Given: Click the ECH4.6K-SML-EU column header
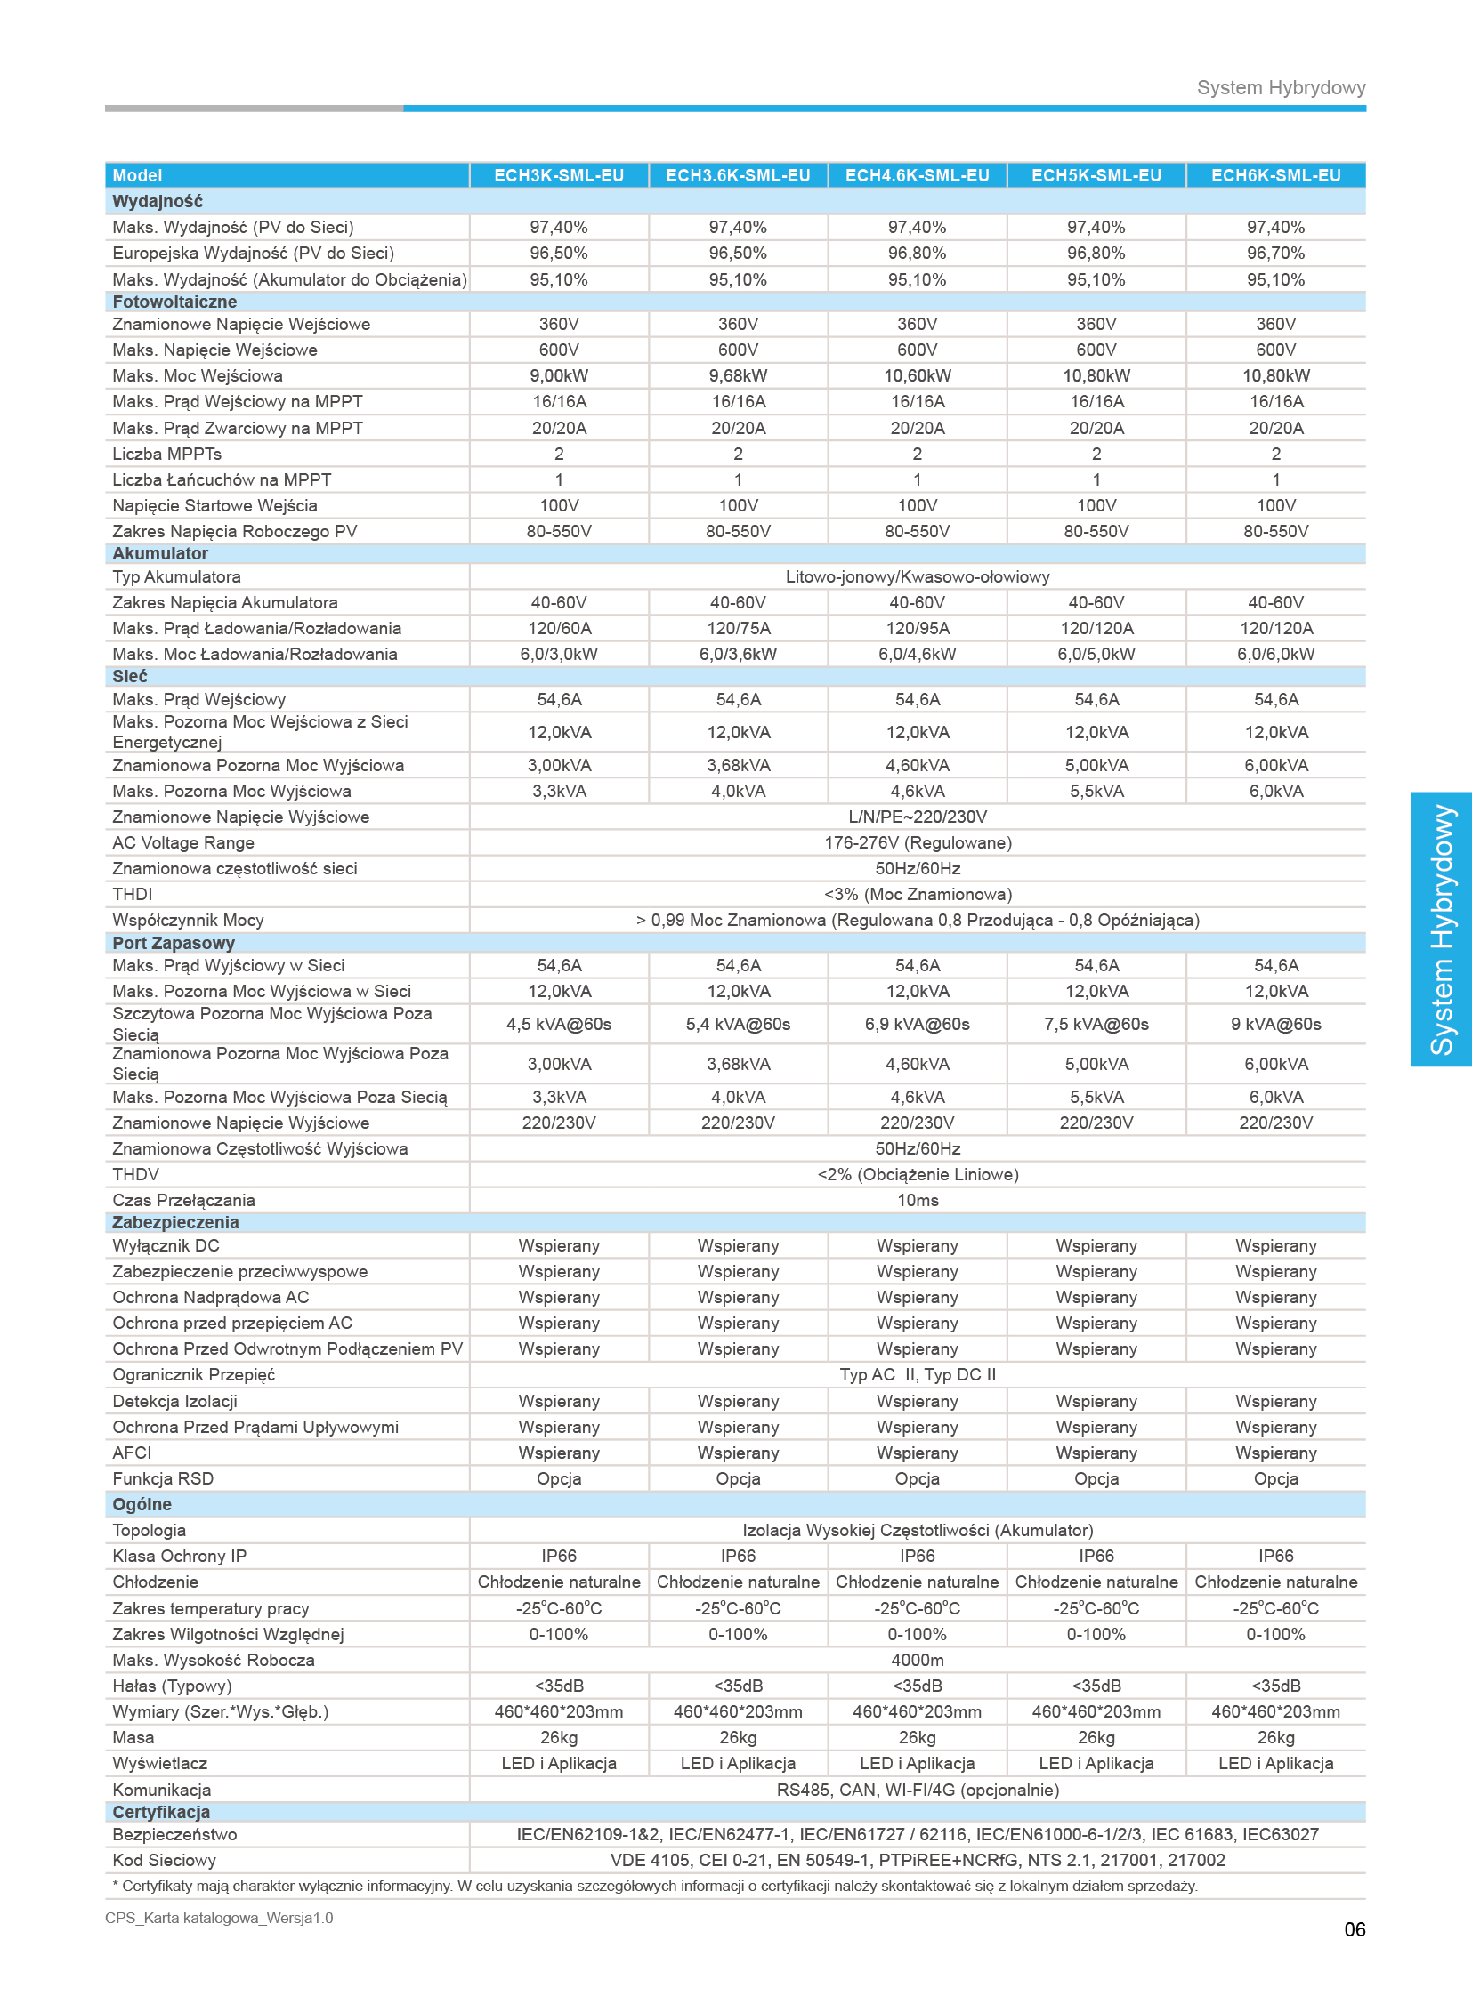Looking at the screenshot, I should tap(917, 175).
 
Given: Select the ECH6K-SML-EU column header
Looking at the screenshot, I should tap(1275, 175).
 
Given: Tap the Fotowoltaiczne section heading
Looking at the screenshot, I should tap(174, 302).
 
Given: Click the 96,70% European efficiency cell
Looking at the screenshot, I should tap(1275, 253).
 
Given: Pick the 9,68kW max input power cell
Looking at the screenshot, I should tap(738, 376).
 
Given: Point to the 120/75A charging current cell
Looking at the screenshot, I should tap(738, 628).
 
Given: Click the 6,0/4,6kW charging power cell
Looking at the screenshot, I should tap(917, 654).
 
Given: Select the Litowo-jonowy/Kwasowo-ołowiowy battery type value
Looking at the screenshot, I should tap(917, 576).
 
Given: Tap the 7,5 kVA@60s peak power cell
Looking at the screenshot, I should tap(1096, 1025).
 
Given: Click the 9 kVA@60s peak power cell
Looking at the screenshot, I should tap(1275, 1025).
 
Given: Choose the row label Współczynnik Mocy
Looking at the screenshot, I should tap(188, 920).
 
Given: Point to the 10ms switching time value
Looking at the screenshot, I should tap(917, 1200).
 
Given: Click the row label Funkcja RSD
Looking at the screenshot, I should tap(163, 1478).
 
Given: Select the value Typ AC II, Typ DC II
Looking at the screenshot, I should tap(917, 1374).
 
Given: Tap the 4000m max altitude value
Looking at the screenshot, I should tap(917, 1660).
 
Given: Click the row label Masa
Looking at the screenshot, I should tap(133, 1738).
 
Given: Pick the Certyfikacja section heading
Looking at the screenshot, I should tap(161, 1812).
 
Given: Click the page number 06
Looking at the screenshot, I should tap(1355, 1929).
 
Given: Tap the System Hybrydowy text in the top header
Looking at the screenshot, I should tap(1281, 87).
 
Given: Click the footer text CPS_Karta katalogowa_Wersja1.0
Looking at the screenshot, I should tap(219, 1918).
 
